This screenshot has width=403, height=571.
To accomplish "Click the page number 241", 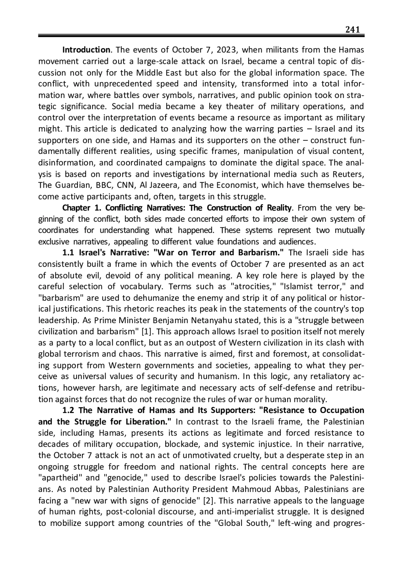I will (x=353, y=29).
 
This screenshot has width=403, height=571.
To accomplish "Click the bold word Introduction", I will (x=86, y=50).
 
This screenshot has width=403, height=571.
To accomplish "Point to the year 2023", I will (x=227, y=50).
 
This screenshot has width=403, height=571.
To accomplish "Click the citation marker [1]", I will (x=146, y=332).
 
